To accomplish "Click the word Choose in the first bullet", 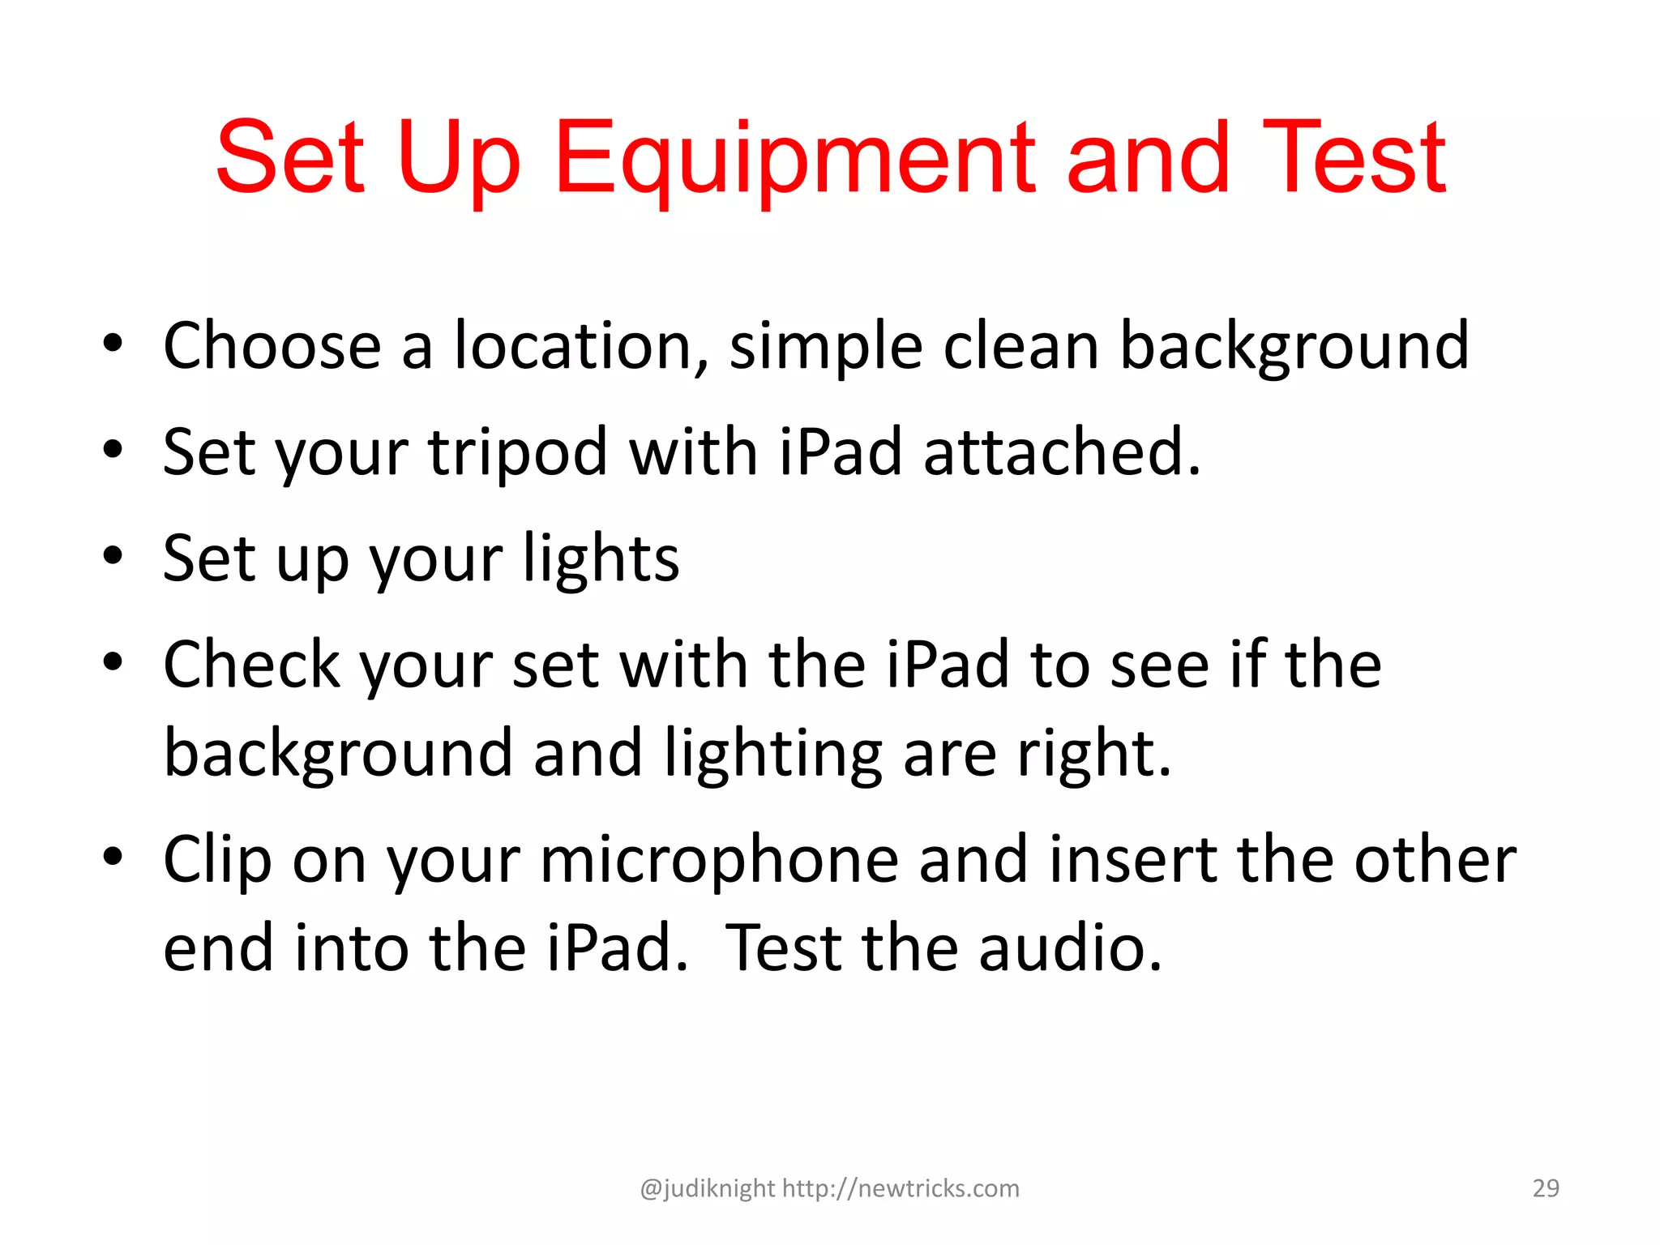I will point(272,346).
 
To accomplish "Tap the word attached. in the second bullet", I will point(1062,452).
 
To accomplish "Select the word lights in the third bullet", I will point(601,559).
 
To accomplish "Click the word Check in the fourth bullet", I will point(251,665).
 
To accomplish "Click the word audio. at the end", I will point(1070,948).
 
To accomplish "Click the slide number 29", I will point(1546,1188).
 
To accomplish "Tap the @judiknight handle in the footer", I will point(707,1189).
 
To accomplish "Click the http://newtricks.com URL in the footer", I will point(901,1188).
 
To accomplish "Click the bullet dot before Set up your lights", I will point(113,557).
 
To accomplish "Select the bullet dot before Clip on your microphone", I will point(113,857).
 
